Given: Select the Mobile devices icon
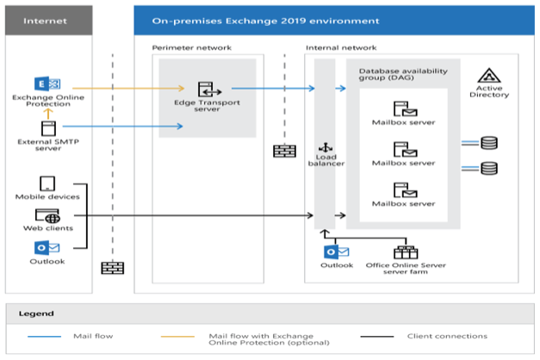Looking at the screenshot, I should pos(47,183).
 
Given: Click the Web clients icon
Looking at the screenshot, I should pos(47,215).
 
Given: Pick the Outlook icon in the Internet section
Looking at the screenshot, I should pos(47,248).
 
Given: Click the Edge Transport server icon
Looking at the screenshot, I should pos(206,89).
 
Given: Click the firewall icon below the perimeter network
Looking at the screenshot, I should pos(283,151).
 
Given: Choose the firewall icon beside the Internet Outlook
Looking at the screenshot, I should pos(112,267).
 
